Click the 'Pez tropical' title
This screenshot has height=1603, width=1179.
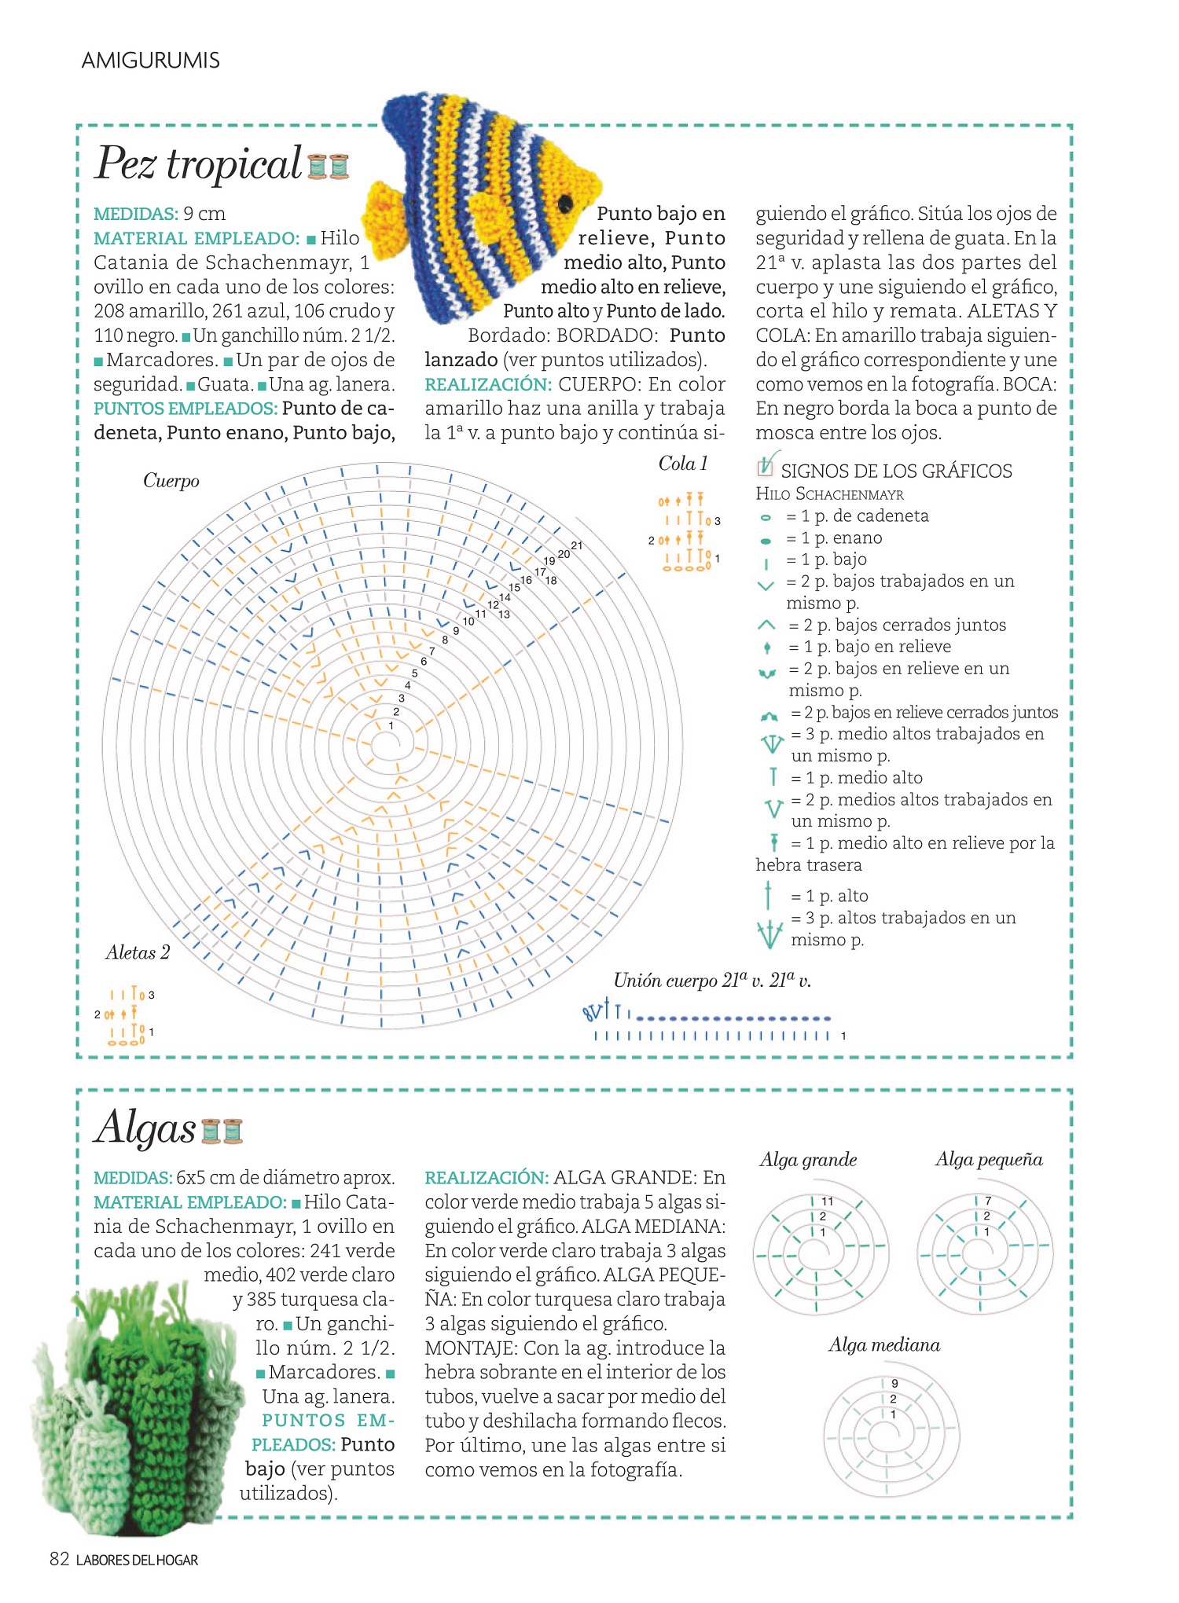click(x=198, y=163)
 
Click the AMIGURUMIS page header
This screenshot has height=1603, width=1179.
click(x=150, y=61)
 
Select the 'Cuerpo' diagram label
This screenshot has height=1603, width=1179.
click(x=171, y=481)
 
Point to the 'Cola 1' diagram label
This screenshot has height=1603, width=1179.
click(x=682, y=464)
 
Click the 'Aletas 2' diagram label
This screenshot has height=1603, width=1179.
click(x=138, y=952)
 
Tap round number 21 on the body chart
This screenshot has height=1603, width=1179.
click(x=577, y=545)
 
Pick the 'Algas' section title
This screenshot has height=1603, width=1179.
click(x=145, y=1128)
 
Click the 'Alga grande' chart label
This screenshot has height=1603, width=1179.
click(x=808, y=1160)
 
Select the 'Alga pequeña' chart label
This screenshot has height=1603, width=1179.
click(x=989, y=1160)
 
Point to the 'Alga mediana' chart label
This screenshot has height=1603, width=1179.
click(x=884, y=1345)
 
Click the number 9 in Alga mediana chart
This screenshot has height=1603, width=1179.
click(x=894, y=1384)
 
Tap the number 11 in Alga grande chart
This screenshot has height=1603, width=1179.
click(x=827, y=1201)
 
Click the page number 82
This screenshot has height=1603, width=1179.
click(x=60, y=1560)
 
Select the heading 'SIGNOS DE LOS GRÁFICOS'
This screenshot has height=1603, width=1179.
click(x=896, y=471)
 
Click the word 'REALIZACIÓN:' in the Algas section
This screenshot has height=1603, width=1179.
click(x=487, y=1178)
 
